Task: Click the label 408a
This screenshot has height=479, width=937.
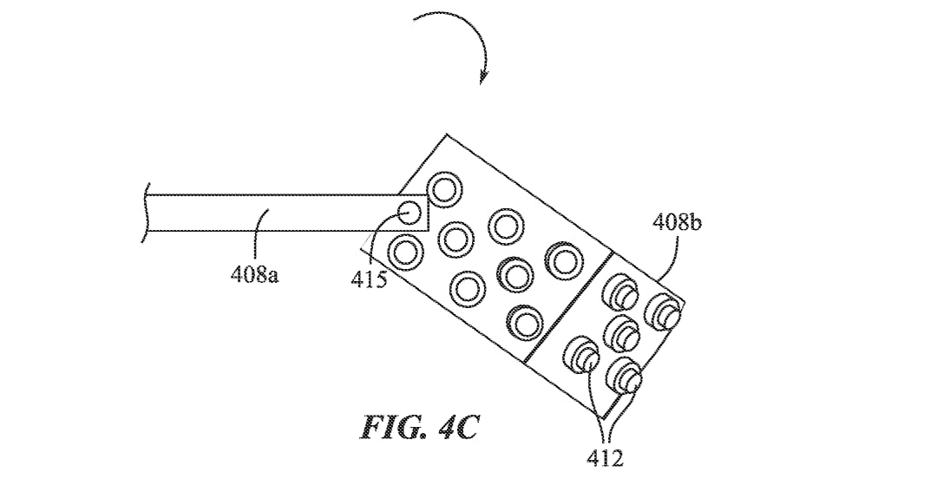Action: pos(254,275)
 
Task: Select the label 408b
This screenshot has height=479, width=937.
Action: pos(677,223)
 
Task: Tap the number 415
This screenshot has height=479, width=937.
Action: pos(369,280)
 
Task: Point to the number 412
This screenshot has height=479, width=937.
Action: pos(605,459)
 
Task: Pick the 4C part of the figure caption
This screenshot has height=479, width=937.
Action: pos(457,428)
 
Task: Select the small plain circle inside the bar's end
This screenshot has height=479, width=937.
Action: pos(410,213)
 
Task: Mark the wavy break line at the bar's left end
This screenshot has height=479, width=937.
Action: pos(145,213)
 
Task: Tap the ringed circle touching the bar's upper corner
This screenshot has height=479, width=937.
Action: pos(444,189)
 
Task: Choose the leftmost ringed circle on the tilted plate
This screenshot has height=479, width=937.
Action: pos(406,251)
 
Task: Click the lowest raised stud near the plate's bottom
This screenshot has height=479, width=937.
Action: pos(623,375)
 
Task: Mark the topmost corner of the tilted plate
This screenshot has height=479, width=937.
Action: pos(447,134)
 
